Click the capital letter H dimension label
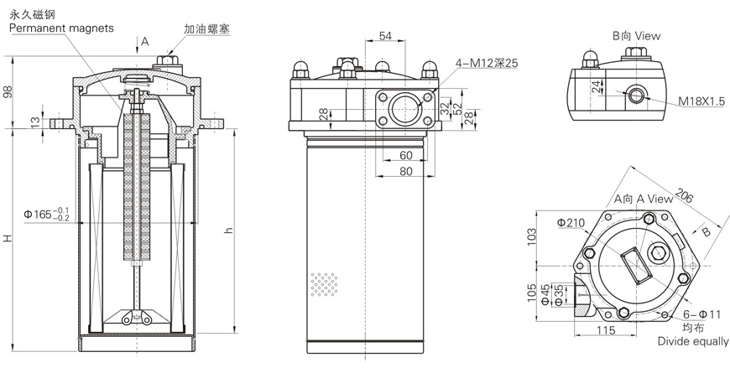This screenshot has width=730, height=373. [9, 239]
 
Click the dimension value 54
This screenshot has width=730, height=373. [386, 35]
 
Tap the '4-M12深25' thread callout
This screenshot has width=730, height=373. [486, 62]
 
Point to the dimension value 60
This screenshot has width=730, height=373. [406, 155]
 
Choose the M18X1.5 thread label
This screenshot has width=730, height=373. [701, 101]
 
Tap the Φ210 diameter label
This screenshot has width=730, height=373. [570, 223]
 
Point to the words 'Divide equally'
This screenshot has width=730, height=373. [693, 342]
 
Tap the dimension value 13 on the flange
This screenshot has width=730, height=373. [34, 122]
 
